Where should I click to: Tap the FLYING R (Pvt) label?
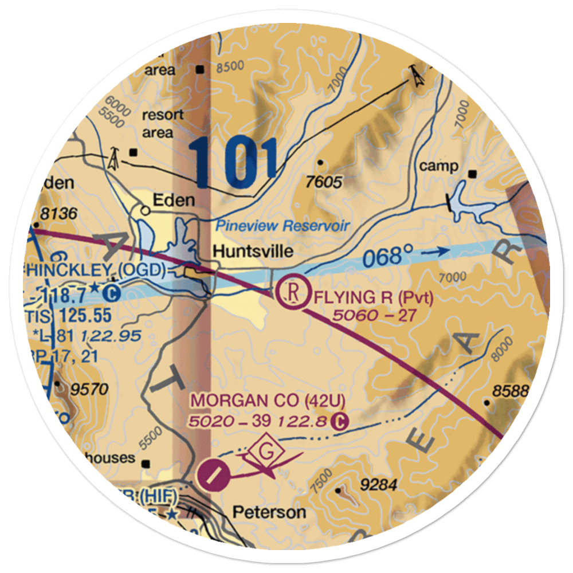pyautogui.click(x=373, y=298)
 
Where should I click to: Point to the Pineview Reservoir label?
pyautogui.click(x=282, y=226)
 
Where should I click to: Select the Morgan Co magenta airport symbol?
pyautogui.click(x=213, y=473)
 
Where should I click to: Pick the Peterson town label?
pyautogui.click(x=269, y=512)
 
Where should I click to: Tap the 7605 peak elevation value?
pyautogui.click(x=324, y=182)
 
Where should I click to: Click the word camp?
pyautogui.click(x=439, y=166)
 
